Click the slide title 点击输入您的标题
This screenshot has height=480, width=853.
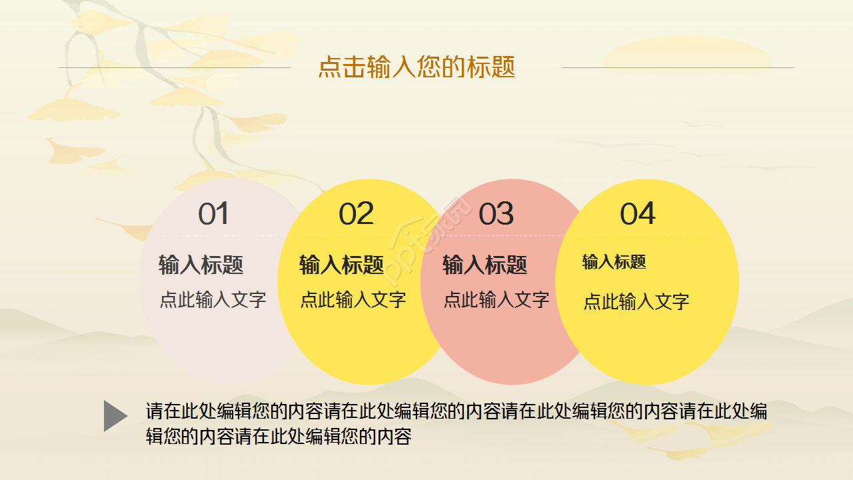pos(417,67)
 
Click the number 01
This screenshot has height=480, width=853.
pos(213,214)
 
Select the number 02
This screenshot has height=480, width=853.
pos(356,214)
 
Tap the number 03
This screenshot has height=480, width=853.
pos(496,214)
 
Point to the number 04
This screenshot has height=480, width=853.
pos(638,214)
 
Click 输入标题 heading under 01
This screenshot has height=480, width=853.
pos(201,265)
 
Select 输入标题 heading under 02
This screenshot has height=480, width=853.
pos(341,265)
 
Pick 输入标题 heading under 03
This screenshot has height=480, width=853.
pos(484,265)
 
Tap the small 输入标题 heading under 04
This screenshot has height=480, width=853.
pos(614,262)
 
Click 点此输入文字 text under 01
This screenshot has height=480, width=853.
pos(213,300)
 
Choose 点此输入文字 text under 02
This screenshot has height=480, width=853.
pos(353,300)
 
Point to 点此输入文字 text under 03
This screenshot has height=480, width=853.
pos(496,300)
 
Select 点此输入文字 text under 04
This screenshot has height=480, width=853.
pos(636,302)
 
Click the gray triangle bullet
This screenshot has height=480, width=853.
pos(115,416)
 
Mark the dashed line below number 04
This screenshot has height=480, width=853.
pos(646,235)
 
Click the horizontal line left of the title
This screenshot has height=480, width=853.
pos(175,67)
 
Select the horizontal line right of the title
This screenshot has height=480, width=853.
pos(678,67)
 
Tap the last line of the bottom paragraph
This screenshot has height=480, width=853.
pos(279,437)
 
